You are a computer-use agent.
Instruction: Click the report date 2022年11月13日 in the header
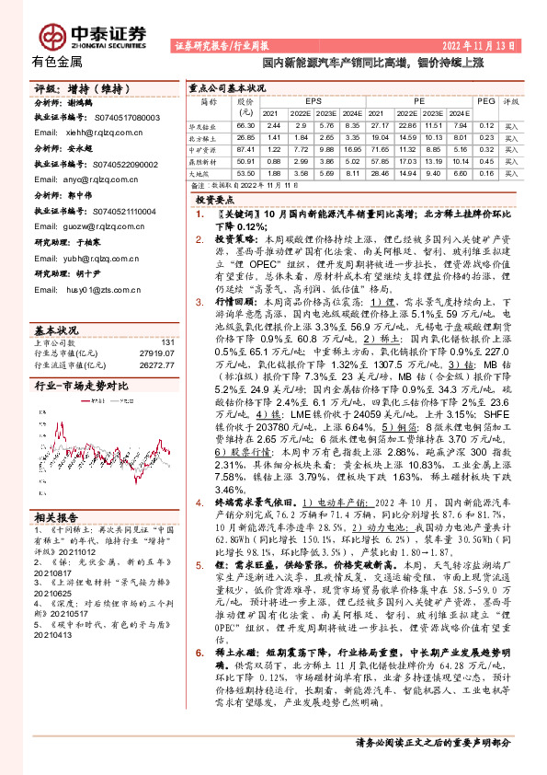tap(479, 44)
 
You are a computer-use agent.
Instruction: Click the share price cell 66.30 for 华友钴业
tap(245, 125)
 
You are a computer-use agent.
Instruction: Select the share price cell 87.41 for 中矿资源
tap(245, 148)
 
